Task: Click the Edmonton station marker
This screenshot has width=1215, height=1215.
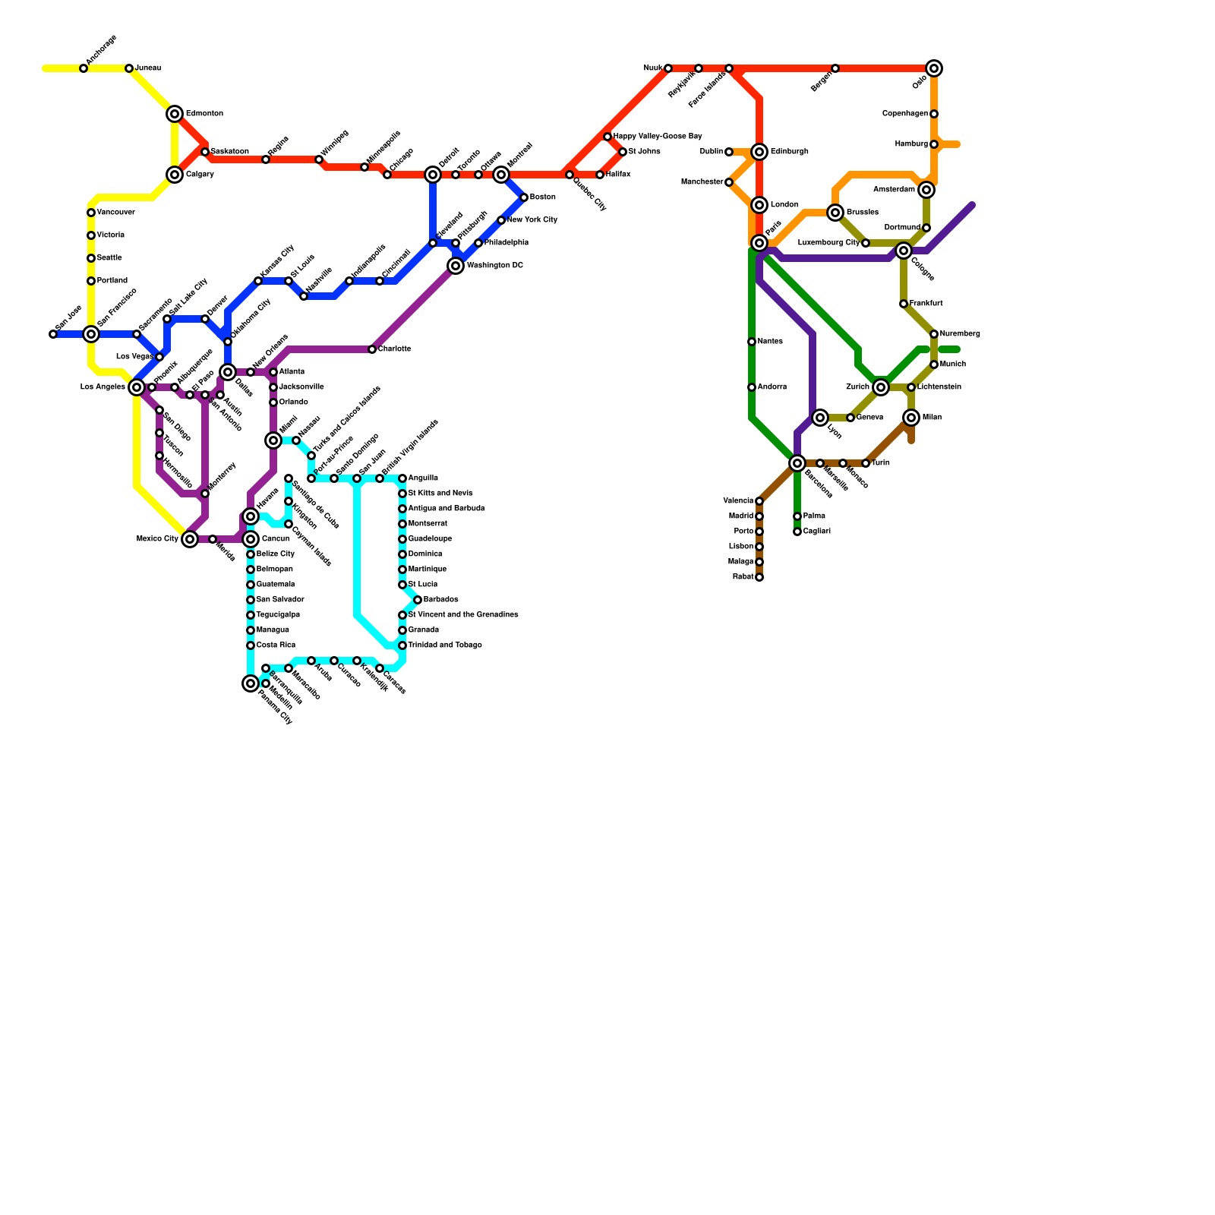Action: coord(175,114)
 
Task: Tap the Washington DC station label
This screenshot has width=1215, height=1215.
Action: coord(494,266)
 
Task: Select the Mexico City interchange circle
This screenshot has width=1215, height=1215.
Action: coord(190,539)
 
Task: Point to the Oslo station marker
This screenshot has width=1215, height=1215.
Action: coord(934,68)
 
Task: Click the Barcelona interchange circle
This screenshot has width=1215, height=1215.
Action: coord(797,463)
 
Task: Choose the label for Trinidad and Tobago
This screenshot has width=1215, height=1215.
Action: coord(444,645)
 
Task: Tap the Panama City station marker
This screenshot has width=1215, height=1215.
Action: coord(251,683)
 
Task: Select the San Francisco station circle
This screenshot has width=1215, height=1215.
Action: coord(91,334)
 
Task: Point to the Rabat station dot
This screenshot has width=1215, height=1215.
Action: coord(759,577)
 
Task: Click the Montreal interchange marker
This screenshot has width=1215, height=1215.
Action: coord(501,175)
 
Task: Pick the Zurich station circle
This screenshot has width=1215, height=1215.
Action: coord(881,387)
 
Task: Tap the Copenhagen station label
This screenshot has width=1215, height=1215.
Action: coord(904,114)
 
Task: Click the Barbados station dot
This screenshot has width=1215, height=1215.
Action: coord(418,600)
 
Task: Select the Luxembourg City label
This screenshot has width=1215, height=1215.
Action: coord(828,243)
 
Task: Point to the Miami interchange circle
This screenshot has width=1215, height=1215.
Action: coord(273,440)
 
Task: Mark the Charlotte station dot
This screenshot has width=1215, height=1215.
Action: coord(372,349)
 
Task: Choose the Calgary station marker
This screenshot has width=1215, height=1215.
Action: coord(175,175)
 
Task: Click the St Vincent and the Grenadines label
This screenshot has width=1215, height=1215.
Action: coord(463,615)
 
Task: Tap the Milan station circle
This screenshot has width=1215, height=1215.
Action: coord(911,418)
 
